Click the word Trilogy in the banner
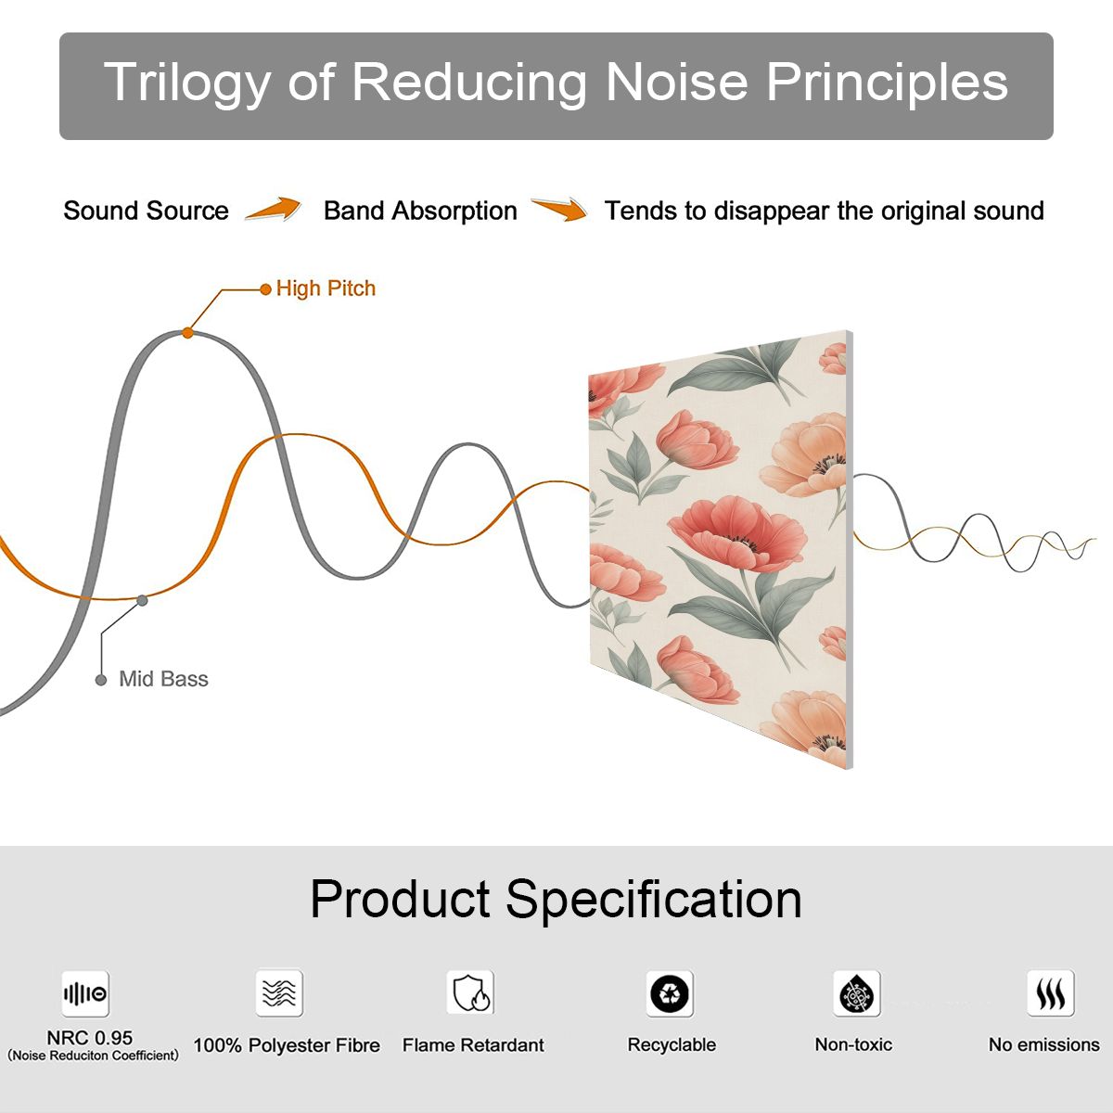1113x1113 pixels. (187, 83)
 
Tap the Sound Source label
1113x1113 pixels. (147, 211)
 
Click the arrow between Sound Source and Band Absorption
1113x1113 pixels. (274, 209)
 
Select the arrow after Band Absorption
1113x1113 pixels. (559, 209)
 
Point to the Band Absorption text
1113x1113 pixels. (420, 211)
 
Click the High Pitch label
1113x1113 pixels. (326, 288)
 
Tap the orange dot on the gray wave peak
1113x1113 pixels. (187, 333)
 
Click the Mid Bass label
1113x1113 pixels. (163, 679)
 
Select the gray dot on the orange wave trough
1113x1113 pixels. (142, 601)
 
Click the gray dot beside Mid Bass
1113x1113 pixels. (101, 680)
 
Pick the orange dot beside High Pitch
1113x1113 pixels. (265, 289)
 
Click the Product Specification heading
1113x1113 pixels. (556, 900)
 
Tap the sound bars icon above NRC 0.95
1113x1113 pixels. (85, 993)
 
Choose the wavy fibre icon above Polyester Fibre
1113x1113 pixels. (279, 992)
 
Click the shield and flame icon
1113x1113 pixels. (471, 992)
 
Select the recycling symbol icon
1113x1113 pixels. (670, 993)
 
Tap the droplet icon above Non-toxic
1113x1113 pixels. (857, 993)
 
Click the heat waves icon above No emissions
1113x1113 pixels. (1051, 992)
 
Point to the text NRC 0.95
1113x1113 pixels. (90, 1038)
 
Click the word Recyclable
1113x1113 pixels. (672, 1045)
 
